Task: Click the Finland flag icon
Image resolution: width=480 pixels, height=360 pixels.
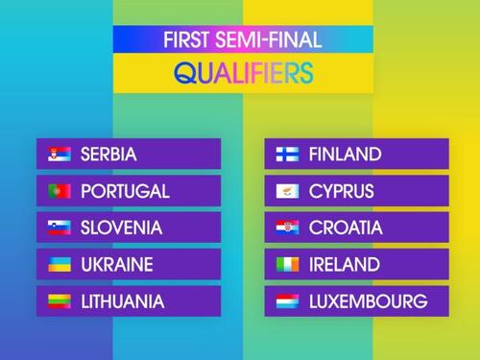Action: click(x=287, y=154)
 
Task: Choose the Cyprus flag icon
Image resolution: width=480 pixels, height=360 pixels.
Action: click(x=287, y=191)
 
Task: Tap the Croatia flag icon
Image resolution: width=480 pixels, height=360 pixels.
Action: click(x=287, y=228)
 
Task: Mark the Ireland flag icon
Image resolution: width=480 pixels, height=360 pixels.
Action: click(x=287, y=264)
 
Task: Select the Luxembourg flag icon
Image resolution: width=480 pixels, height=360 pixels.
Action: click(x=287, y=301)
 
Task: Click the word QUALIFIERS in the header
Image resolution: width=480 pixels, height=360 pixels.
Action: click(x=244, y=73)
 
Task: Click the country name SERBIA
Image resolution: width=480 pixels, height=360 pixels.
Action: click(x=108, y=154)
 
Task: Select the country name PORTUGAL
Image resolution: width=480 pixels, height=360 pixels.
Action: click(x=125, y=191)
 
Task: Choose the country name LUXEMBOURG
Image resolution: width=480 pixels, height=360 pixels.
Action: click(x=368, y=301)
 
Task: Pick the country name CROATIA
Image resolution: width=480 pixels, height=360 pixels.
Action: click(x=346, y=228)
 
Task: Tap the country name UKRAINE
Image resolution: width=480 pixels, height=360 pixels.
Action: click(x=117, y=264)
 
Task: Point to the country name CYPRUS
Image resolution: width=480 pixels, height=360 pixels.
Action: click(x=341, y=191)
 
